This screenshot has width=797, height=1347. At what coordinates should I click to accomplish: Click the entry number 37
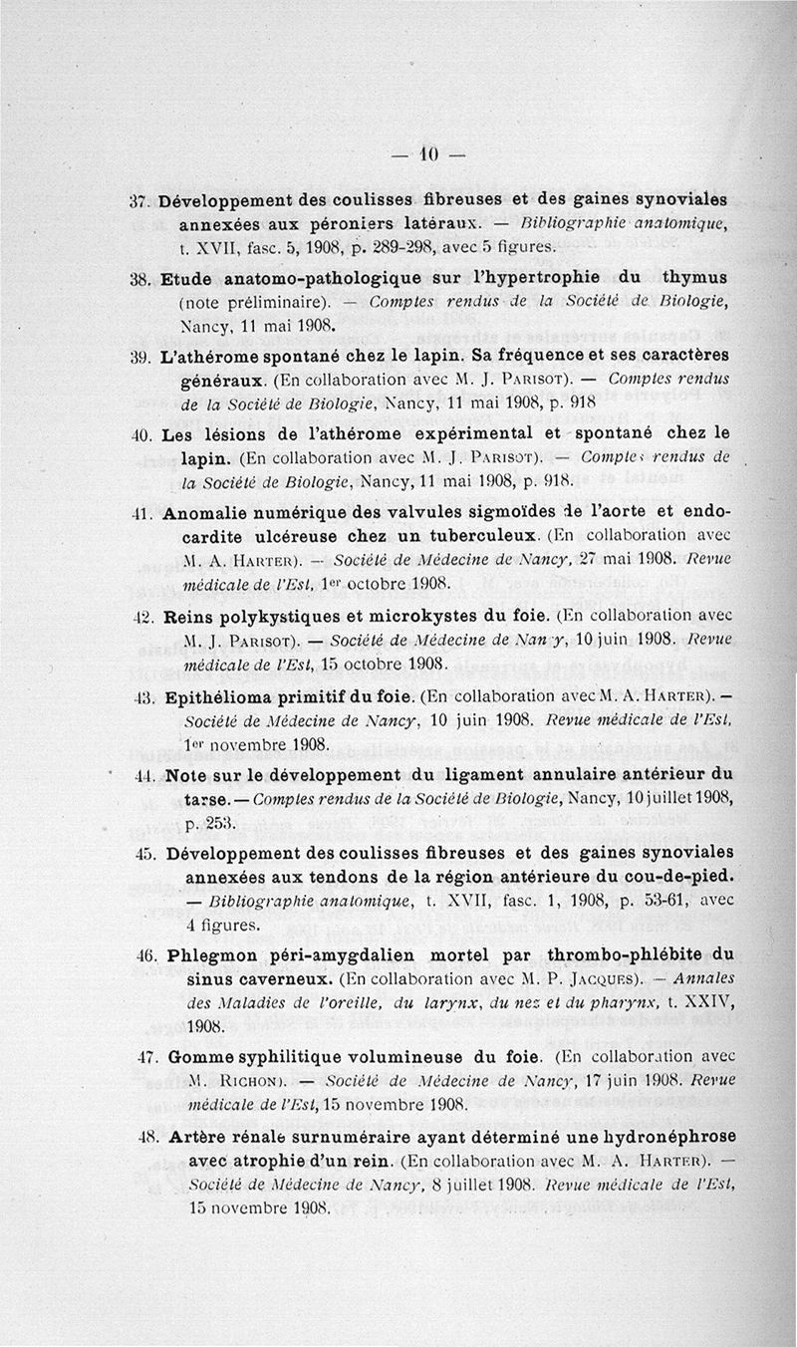[139, 198]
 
